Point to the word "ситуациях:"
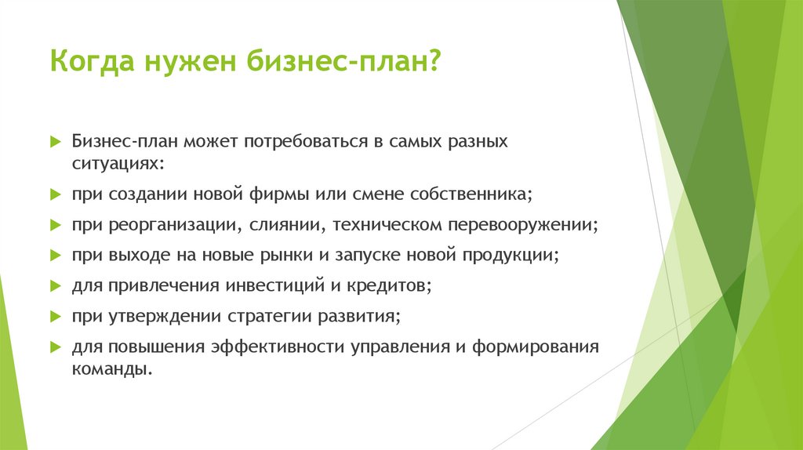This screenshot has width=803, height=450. pyautogui.click(x=118, y=163)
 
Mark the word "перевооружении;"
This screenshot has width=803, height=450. pyautogui.click(x=523, y=224)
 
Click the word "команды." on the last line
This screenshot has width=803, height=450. pyautogui.click(x=111, y=368)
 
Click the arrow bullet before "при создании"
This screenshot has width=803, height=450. pyautogui.click(x=56, y=194)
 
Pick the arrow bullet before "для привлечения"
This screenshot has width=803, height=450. pyautogui.click(x=56, y=286)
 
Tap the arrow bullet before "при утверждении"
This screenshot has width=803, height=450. pyautogui.click(x=56, y=317)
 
